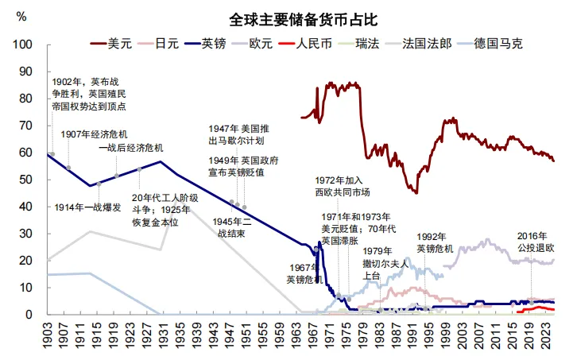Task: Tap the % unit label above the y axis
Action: (x=21, y=17)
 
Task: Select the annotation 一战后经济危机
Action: (x=130, y=148)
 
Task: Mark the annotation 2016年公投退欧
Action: (x=532, y=242)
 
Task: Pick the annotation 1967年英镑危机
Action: (x=305, y=273)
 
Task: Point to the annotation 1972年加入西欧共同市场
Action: (x=343, y=186)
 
